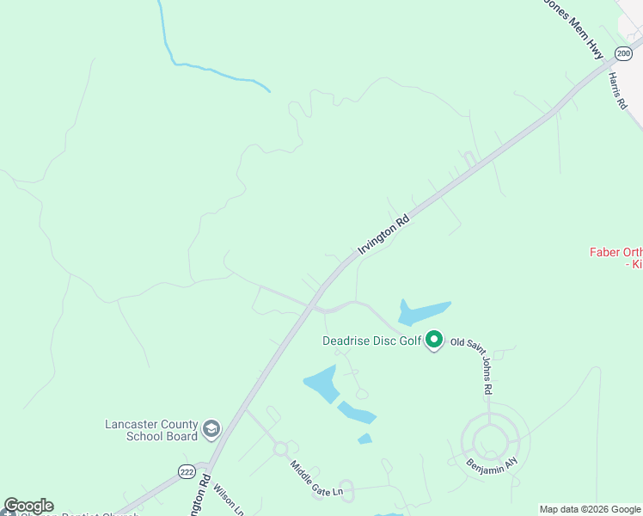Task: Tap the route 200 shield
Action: [622, 53]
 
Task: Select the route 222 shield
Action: [187, 471]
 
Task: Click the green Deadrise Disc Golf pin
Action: [435, 341]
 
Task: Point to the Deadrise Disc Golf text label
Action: [371, 341]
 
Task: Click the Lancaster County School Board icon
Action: [211, 428]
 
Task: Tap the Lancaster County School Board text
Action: [150, 430]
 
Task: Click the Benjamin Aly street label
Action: [493, 463]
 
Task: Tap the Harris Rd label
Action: [618, 90]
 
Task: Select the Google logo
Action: [28, 506]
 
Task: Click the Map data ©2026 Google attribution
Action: [591, 509]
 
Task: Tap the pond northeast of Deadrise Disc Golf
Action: [424, 310]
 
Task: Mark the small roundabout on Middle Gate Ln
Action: [279, 449]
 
